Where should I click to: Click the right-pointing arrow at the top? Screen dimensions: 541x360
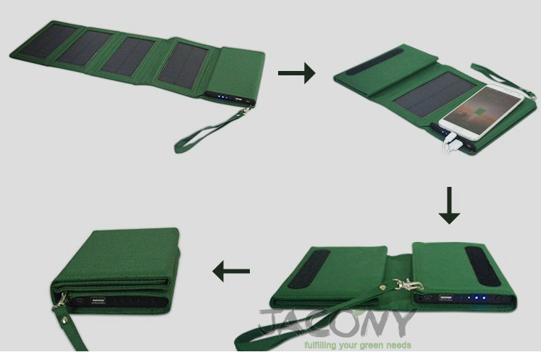click(x=296, y=73)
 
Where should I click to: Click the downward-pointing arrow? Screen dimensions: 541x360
click(x=449, y=206)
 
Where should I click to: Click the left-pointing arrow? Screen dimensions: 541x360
click(x=231, y=272)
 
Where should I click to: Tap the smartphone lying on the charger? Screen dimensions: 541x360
click(x=482, y=112)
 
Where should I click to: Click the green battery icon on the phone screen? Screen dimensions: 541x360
click(x=479, y=112)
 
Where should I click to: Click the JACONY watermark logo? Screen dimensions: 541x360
click(x=336, y=323)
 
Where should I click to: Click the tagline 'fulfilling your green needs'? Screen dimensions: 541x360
click(x=358, y=346)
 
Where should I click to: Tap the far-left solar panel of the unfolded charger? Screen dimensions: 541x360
click(x=48, y=41)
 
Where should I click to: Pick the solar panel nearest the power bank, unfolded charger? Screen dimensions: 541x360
click(x=183, y=65)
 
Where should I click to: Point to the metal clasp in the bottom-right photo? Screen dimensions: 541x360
click(x=408, y=285)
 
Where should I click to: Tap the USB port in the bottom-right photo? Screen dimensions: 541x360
click(x=446, y=297)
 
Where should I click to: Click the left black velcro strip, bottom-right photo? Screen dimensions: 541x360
click(x=309, y=269)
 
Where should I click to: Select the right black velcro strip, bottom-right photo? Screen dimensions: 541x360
click(x=483, y=266)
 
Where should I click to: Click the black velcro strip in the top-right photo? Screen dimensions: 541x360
click(x=374, y=62)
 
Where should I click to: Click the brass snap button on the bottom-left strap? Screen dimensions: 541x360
click(x=64, y=321)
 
